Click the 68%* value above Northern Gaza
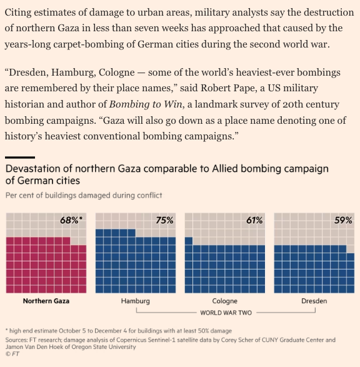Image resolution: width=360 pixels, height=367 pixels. tap(71, 220)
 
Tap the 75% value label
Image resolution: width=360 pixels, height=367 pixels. tap(164, 220)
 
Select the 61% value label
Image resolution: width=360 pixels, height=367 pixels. tap(254, 220)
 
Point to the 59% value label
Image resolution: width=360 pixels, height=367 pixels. tap(343, 220)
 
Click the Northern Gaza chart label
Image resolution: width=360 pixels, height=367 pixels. tap(46, 301)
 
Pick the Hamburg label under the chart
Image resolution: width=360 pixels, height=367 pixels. tap(136, 301)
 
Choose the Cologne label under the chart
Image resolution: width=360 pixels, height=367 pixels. tap(225, 301)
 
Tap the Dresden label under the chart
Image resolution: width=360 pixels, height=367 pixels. tap(314, 301)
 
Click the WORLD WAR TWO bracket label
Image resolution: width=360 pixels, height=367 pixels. tap(226, 313)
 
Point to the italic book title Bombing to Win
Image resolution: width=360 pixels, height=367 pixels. tap(146, 104)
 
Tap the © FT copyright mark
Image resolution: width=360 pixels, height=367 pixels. tap(12, 354)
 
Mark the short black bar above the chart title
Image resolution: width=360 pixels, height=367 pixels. tap(20, 158)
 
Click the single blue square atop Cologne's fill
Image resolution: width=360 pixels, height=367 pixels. tap(189, 241)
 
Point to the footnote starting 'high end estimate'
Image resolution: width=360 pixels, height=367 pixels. tap(119, 331)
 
